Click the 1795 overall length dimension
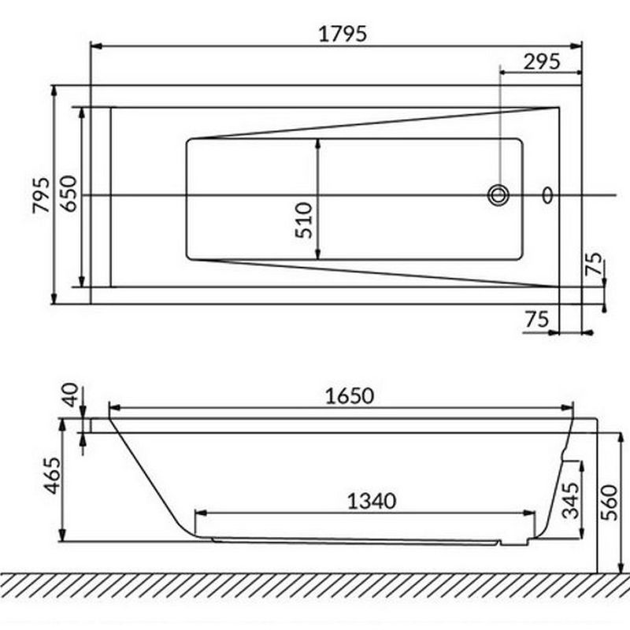343,34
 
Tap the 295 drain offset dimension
542,62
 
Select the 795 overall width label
42,195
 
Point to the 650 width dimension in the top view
69,194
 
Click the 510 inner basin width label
304,220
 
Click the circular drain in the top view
498,195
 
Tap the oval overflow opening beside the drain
547,195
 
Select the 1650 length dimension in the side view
349,396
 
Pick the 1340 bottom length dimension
371,502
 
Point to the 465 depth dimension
53,476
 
